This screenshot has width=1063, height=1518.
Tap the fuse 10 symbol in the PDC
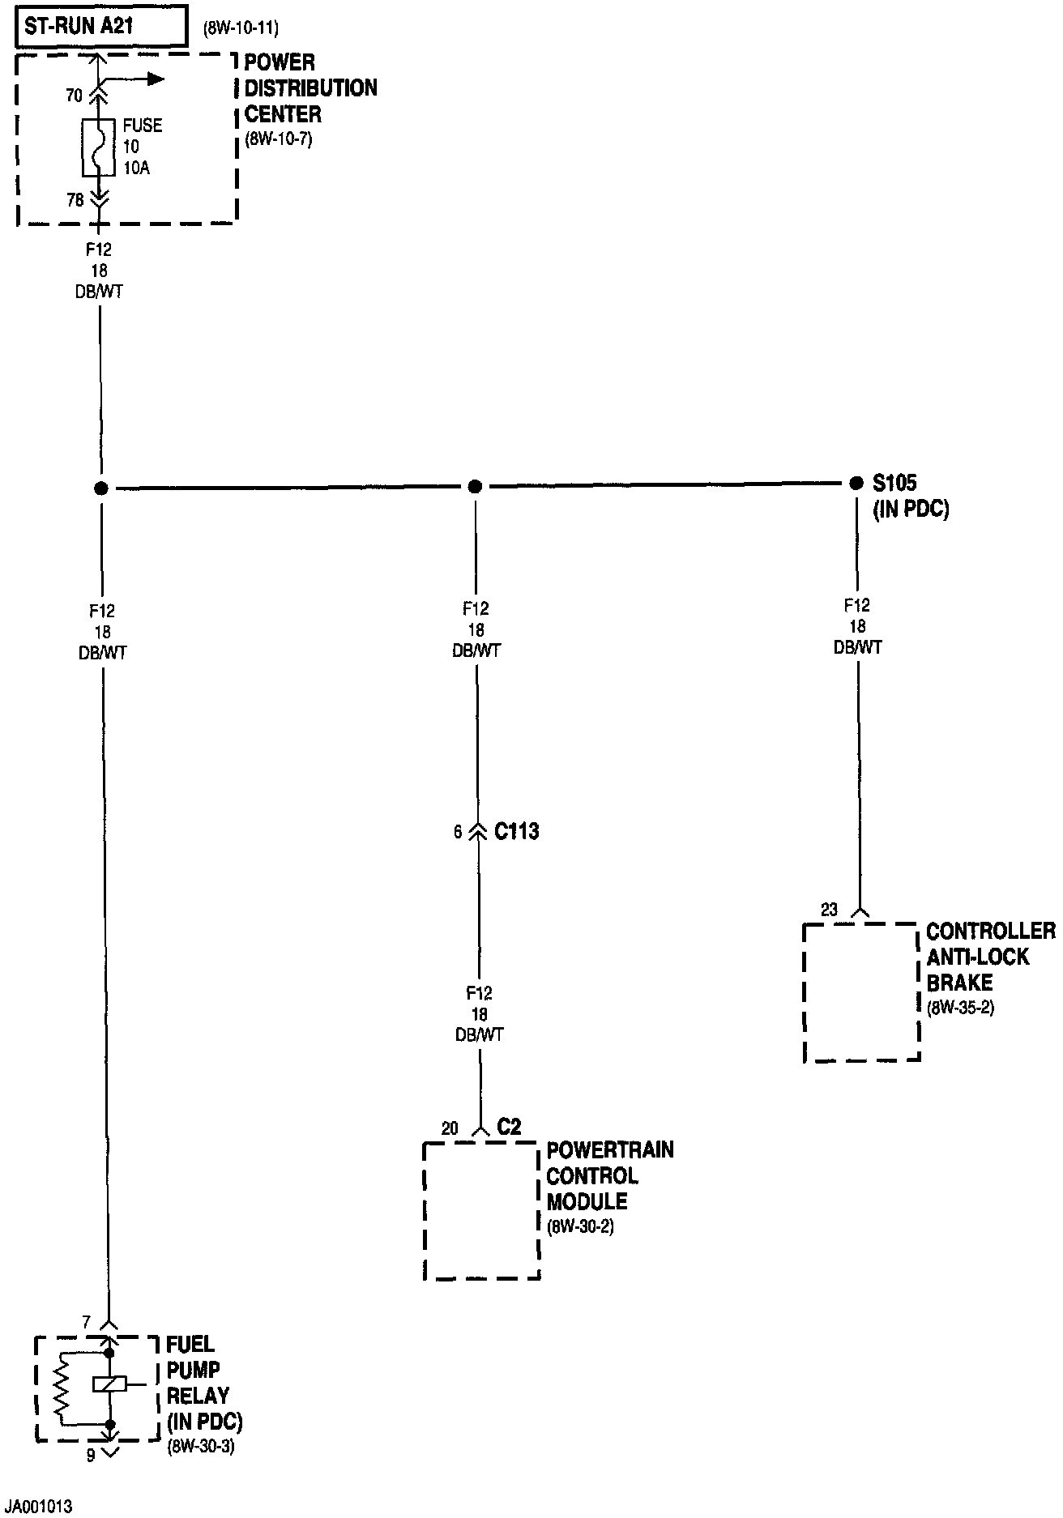(99, 147)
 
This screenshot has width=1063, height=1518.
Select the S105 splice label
(894, 484)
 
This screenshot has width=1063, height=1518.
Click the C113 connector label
(516, 832)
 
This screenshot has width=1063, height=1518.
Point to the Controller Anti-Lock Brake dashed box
(861, 991)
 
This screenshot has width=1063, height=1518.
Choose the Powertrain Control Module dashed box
(481, 1210)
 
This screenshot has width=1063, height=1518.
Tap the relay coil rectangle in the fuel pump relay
(108, 1384)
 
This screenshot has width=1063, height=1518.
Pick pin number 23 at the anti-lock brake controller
(828, 910)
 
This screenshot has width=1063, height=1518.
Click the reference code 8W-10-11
(241, 29)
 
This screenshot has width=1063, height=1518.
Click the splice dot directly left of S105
(856, 484)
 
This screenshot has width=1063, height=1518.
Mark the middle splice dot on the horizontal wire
(476, 486)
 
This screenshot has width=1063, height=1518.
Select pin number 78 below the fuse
(75, 199)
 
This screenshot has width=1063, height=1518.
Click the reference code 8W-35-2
(960, 1008)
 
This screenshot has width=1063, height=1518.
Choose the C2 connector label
(509, 1127)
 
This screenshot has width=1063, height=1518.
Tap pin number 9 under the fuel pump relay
(91, 1455)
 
